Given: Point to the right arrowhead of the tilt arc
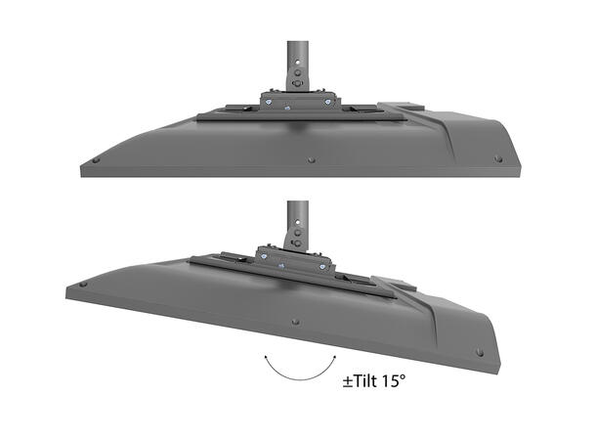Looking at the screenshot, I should click(x=330, y=361).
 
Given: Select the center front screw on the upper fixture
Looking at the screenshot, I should click(x=311, y=158).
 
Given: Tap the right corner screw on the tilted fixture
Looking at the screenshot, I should click(x=478, y=352).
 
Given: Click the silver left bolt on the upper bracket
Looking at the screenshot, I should click(x=268, y=98).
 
